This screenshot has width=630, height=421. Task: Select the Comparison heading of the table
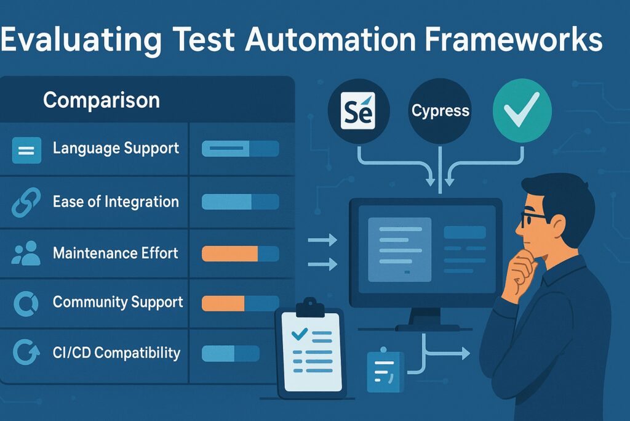(x=102, y=100)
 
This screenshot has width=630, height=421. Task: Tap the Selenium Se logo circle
(x=359, y=111)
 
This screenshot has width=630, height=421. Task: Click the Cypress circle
(x=441, y=111)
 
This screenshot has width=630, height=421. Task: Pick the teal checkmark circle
(x=522, y=111)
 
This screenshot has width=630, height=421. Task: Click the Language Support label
(x=116, y=148)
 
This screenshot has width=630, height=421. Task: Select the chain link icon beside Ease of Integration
(x=26, y=202)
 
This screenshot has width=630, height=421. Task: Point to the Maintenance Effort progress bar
(x=241, y=254)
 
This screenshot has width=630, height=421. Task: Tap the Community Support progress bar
(x=241, y=303)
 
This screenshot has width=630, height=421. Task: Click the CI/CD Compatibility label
(x=116, y=353)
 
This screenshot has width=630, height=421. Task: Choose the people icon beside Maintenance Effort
(x=26, y=253)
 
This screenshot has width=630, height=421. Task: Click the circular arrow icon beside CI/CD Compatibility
(x=26, y=352)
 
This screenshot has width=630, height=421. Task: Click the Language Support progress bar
(x=241, y=149)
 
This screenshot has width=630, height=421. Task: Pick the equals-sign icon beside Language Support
(x=26, y=150)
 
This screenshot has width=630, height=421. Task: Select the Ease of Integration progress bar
(x=241, y=202)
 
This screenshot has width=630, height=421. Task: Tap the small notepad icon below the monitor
(x=385, y=370)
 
